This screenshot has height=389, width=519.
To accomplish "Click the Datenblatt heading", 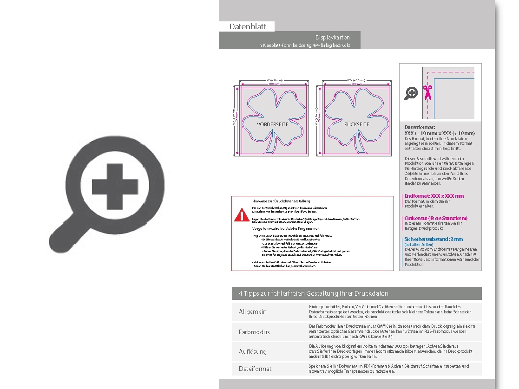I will [248, 26].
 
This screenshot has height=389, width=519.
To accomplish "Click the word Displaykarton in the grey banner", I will [332, 37].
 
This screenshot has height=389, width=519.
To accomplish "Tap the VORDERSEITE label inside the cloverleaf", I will [272, 124].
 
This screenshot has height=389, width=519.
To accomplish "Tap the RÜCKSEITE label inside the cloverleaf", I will [356, 124].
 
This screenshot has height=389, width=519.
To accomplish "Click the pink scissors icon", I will [427, 93].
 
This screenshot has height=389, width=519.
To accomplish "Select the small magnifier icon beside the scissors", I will [411, 94].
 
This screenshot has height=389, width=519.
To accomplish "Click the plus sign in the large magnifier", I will [114, 186].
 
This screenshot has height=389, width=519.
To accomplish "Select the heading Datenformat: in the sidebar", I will [420, 127].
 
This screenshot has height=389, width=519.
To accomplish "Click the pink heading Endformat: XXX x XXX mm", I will [434, 196].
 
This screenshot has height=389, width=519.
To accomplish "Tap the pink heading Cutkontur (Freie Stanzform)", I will [436, 218].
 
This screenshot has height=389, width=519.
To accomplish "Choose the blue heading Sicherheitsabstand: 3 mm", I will [434, 239].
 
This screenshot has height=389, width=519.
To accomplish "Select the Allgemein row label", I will [253, 311].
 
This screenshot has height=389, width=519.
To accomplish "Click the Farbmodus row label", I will [254, 332].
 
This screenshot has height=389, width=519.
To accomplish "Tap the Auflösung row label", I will [253, 351].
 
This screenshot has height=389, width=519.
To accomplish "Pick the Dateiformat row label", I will [255, 369].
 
